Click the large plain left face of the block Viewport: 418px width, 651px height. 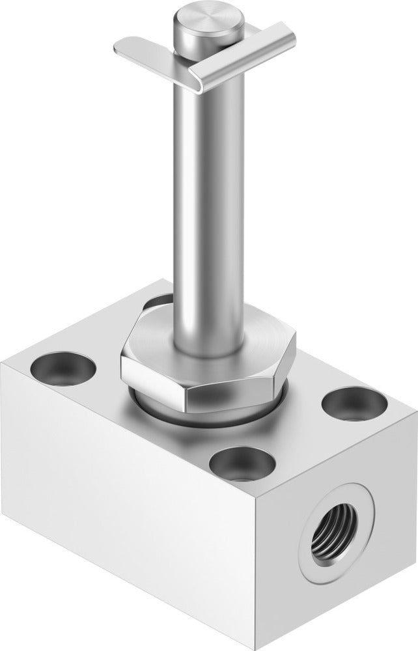coord(130,508)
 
